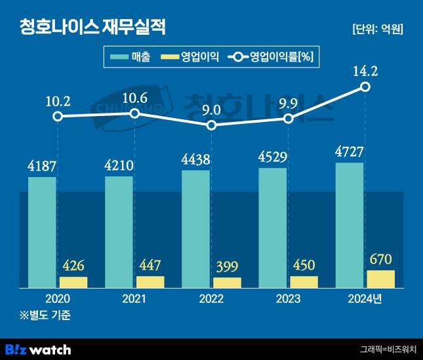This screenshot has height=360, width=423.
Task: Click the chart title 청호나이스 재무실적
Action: click(92, 27)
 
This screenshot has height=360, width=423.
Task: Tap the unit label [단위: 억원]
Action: click(377, 29)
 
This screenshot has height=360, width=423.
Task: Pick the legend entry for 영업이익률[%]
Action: click(270, 57)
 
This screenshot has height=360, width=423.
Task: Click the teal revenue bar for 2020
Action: click(42, 232)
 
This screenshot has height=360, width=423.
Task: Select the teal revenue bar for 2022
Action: click(195, 229)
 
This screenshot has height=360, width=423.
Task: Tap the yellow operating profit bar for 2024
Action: click(380, 279)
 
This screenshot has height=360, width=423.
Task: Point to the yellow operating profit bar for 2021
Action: click(150, 282)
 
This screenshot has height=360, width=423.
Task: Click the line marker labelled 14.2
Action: click(365, 87)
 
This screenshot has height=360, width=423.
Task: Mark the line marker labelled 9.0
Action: click(211, 125)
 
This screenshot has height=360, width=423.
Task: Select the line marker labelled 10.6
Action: click(134, 113)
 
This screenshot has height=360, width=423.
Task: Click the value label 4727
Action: click(349, 153)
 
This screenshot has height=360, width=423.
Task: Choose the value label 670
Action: click(380, 260)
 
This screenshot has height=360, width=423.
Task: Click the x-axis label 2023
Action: click(288, 298)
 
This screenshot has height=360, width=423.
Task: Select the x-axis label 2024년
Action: click(365, 298)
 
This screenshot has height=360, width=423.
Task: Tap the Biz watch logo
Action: click(38, 349)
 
